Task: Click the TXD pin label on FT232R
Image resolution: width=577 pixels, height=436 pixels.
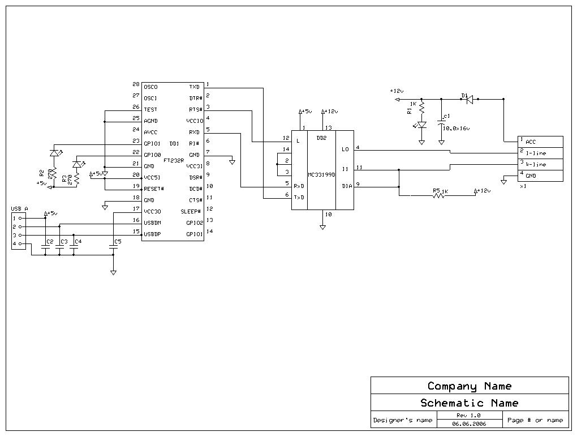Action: coord(194,87)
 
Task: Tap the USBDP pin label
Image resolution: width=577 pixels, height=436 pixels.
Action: coord(152,234)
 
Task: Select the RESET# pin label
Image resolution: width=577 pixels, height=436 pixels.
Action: coord(153,189)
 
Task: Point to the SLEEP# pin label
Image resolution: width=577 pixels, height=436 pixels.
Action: coord(191,211)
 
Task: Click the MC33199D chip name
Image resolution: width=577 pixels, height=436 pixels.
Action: coord(321,175)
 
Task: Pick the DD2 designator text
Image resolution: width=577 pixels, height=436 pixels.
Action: coord(321,138)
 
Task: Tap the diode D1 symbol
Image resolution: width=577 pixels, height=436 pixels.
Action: coord(469,99)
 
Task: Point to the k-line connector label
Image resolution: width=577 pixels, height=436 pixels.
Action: coord(536,165)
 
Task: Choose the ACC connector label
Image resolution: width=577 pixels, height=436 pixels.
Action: coord(531,142)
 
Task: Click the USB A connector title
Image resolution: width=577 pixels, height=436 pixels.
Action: coord(19,209)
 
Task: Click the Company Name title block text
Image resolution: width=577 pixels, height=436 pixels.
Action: coord(470,386)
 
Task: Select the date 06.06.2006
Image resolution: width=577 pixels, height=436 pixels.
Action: coord(468,424)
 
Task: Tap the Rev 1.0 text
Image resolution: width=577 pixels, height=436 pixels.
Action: coord(468,415)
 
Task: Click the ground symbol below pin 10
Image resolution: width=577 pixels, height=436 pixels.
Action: coord(322,227)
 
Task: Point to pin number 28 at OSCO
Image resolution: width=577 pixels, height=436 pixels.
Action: coord(136,84)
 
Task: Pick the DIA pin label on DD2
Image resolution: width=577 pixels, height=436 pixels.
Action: coord(346,186)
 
